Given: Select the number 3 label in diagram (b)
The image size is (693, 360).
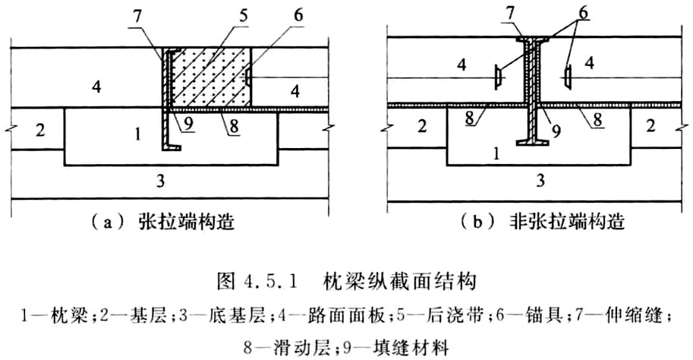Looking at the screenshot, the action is pos(540,181).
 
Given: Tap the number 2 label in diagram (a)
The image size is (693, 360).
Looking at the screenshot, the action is pos(40,131).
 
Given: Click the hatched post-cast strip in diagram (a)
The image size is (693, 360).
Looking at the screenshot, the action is pos(210,77).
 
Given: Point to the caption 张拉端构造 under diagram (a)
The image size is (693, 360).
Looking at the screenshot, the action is pos(186,222).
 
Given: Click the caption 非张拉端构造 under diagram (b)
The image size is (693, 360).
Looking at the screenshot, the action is pos(566,221).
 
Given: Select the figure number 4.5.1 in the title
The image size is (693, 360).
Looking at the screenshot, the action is pos(267,281).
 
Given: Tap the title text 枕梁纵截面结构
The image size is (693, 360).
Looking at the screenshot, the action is pos(399,281).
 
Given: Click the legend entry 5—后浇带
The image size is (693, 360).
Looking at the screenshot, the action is pos(436,317).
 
